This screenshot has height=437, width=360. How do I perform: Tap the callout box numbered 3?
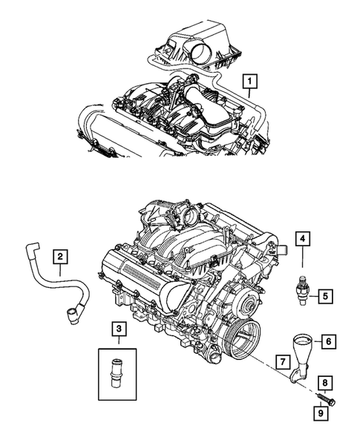(x=117, y=327)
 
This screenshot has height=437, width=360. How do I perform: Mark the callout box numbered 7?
(x=283, y=361)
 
